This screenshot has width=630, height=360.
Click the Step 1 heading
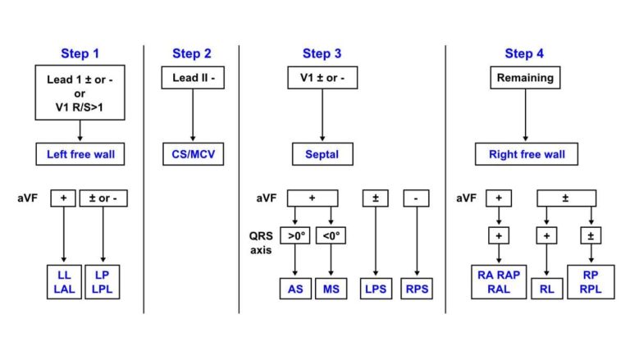point(80,53)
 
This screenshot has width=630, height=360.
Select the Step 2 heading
point(192,53)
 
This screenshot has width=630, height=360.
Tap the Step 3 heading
point(322,53)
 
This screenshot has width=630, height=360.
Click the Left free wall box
point(80,153)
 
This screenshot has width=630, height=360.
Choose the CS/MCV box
point(192,153)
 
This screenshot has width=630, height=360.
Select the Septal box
point(322,153)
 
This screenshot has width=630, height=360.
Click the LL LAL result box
point(63,282)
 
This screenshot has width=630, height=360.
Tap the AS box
point(294,289)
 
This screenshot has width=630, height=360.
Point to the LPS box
point(376,289)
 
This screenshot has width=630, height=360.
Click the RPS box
point(417,289)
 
